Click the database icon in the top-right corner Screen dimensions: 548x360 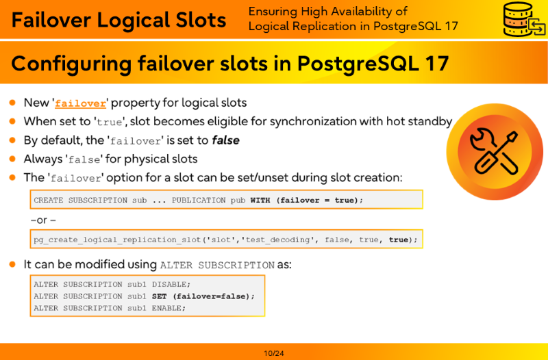click(x=523, y=19)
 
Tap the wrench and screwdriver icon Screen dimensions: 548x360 click(x=495, y=151)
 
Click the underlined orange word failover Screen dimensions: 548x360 click(x=80, y=103)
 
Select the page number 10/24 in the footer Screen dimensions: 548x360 click(x=273, y=353)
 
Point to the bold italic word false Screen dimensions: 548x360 click(x=225, y=140)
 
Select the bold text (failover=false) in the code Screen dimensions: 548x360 click(x=214, y=296)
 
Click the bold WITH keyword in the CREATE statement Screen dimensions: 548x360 click(x=260, y=201)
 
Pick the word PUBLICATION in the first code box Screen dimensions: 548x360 click(x=199, y=201)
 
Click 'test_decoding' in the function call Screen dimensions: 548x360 click(x=277, y=240)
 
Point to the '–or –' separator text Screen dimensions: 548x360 click(x=43, y=220)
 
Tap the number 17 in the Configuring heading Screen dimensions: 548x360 click(x=437, y=63)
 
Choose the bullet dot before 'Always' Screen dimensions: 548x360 click(x=12, y=159)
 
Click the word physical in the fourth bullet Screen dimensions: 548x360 click(x=145, y=159)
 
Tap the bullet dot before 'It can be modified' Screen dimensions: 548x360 click(x=12, y=264)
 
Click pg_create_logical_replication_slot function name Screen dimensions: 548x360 click(x=117, y=240)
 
